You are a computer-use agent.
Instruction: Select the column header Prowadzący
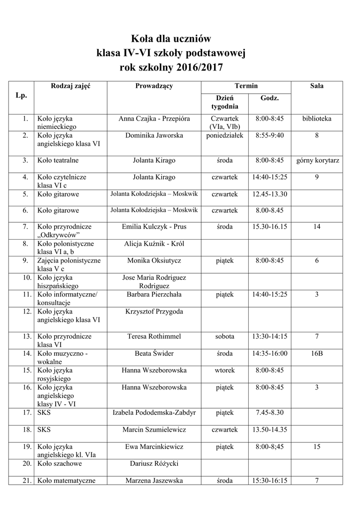point(154,86)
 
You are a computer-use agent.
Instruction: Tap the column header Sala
point(317,86)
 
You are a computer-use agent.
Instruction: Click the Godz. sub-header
point(270,98)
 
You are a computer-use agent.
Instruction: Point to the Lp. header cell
point(21,95)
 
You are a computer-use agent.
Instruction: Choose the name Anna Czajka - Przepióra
point(154,119)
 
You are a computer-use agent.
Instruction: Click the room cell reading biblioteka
point(317,119)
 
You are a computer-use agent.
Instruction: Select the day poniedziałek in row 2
point(224,135)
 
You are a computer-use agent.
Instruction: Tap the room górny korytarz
point(317,161)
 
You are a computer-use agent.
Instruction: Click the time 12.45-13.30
point(270,194)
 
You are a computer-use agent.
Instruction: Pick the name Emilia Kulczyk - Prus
point(154,227)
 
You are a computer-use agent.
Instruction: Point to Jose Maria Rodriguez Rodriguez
point(154,282)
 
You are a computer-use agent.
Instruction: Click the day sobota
point(224,336)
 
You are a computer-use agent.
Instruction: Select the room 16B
point(317,353)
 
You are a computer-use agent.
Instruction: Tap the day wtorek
point(224,370)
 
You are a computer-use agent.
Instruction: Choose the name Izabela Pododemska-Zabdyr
point(154,412)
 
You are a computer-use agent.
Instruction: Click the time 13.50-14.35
point(270,429)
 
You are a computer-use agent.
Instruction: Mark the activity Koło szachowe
point(60,463)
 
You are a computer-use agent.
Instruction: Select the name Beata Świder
point(154,353)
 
